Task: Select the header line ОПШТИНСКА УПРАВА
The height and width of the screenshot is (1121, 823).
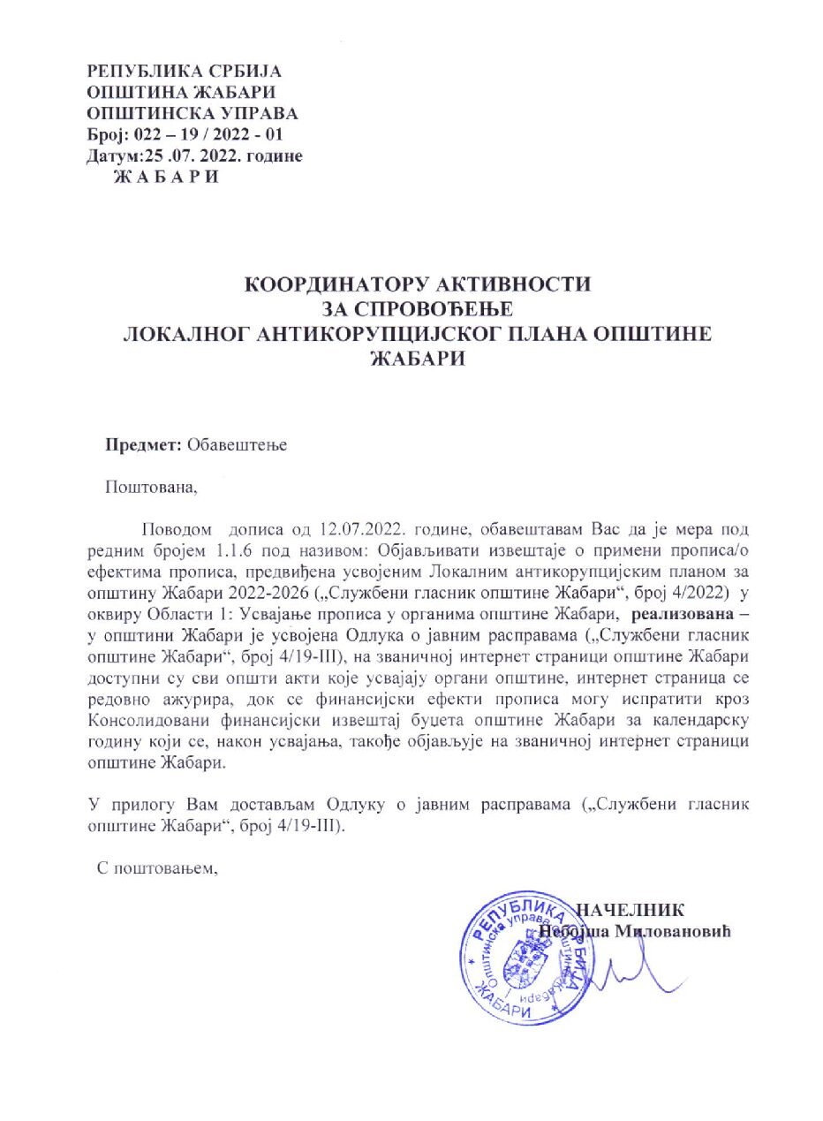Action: click(192, 114)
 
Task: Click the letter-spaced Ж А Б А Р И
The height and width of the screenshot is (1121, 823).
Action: click(163, 177)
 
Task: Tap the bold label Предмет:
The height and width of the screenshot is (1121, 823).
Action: click(144, 445)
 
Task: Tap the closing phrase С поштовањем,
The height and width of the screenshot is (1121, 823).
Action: click(157, 868)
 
